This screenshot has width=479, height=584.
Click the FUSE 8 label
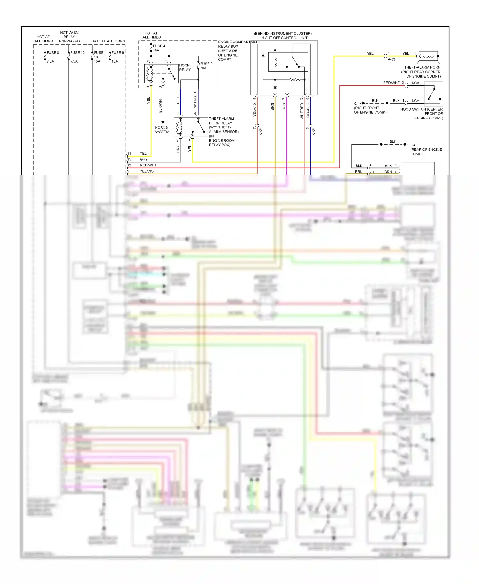[x=53, y=53]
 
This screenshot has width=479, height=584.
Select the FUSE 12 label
[x=77, y=53]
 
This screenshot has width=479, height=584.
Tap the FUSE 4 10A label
[x=159, y=48]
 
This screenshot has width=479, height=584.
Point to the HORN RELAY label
[x=185, y=67]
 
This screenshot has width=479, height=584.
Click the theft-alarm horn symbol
[x=429, y=56]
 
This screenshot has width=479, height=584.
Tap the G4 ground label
[x=413, y=145]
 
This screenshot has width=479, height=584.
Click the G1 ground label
[x=356, y=104]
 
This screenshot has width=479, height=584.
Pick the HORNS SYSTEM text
[x=162, y=130]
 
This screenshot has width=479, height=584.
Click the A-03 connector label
[x=391, y=59]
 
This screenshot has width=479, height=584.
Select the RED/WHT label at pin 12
[x=148, y=165]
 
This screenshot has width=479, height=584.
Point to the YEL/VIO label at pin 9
[x=147, y=171]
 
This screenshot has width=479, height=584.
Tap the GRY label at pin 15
[x=144, y=159]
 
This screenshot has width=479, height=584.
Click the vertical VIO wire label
[x=284, y=106]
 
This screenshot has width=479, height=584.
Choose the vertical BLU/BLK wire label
[x=308, y=110]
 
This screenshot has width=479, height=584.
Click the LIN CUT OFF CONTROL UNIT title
[x=283, y=38]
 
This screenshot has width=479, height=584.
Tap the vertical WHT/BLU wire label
[x=195, y=100]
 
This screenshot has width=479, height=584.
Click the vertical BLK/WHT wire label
[x=160, y=105]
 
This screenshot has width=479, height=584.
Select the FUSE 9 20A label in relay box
[x=206, y=66]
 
